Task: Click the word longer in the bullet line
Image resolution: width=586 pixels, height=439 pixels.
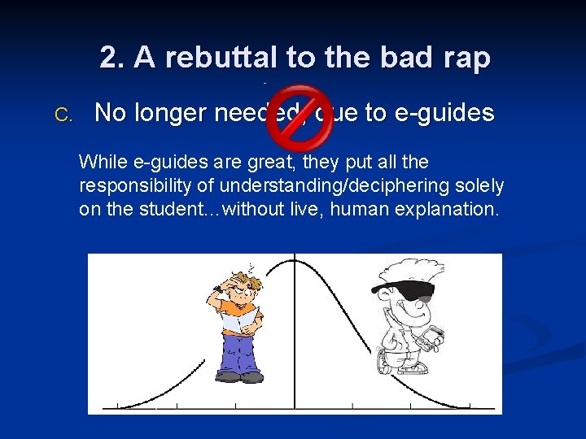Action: coord(168,113)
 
